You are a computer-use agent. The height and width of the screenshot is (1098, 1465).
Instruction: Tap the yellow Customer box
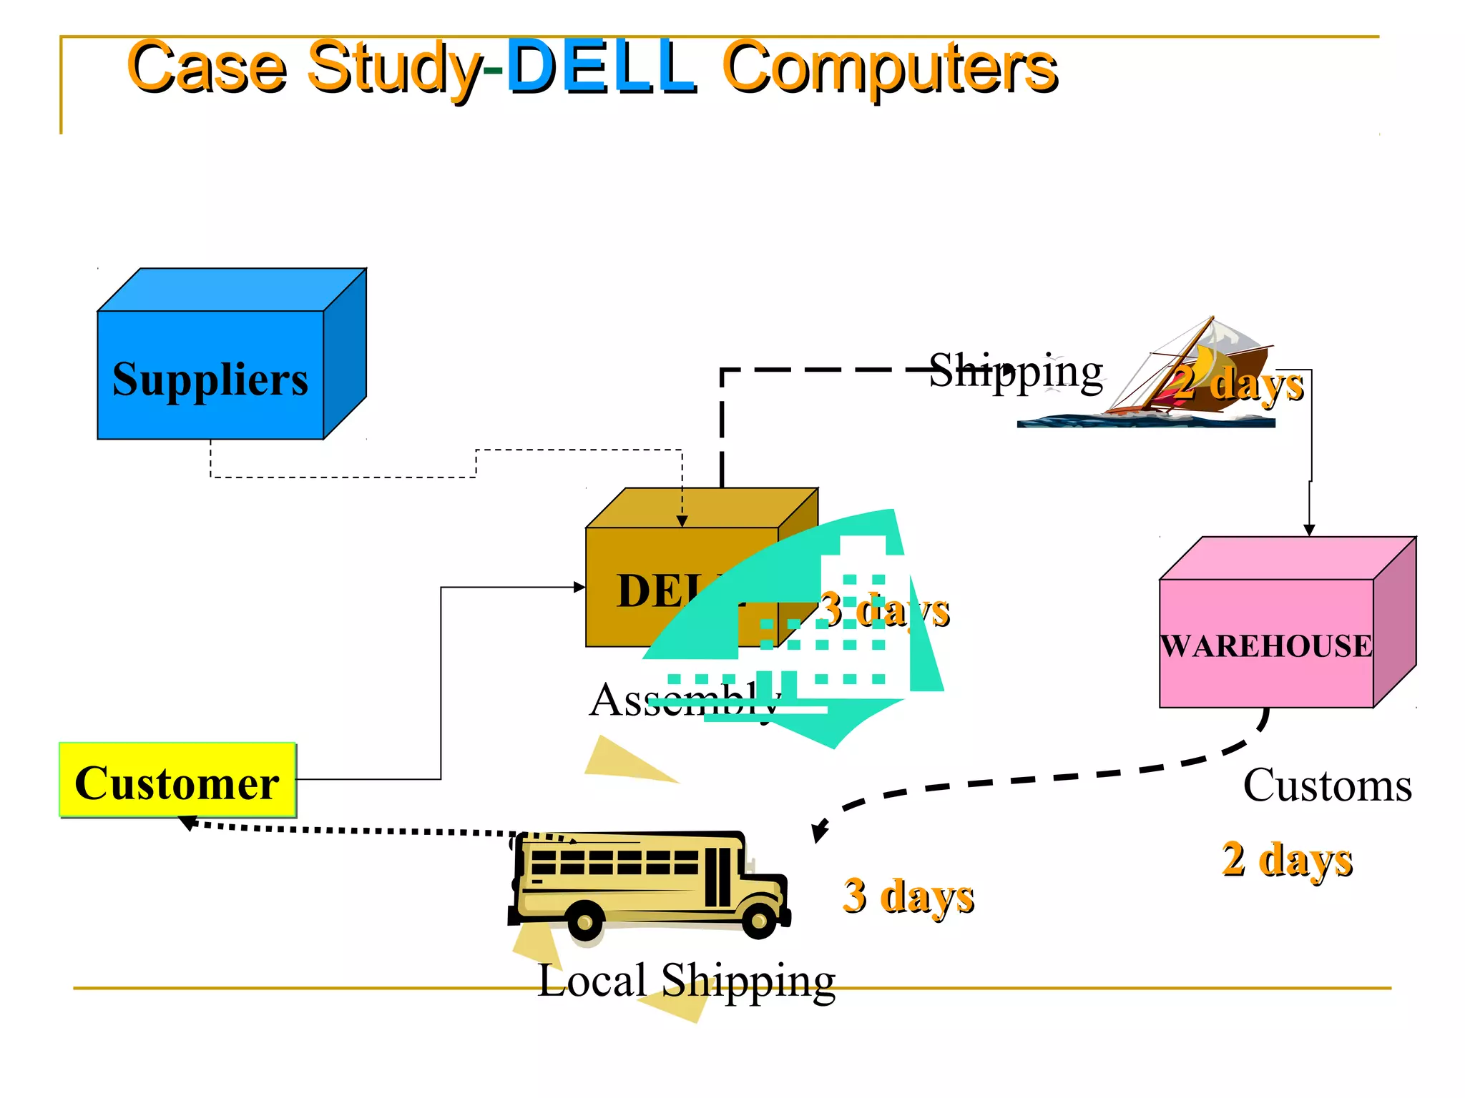177,781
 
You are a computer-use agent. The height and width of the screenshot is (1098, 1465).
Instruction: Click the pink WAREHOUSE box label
1266,646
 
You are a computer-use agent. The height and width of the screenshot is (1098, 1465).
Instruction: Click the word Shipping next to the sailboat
1016,372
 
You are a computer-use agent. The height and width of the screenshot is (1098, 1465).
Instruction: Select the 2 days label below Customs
1287,859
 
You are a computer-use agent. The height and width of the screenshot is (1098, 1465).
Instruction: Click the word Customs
1327,785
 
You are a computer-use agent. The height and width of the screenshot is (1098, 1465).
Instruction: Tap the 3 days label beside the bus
908,896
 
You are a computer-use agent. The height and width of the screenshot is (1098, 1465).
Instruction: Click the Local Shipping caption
686,980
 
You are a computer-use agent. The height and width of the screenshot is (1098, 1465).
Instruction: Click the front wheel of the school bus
759,921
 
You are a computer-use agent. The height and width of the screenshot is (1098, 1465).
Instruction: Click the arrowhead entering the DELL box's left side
579,588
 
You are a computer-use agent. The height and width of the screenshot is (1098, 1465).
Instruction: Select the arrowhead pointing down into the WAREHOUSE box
1309,530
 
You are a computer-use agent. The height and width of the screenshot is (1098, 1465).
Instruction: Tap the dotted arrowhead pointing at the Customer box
187,823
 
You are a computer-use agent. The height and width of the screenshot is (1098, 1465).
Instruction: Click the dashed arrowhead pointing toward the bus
818,834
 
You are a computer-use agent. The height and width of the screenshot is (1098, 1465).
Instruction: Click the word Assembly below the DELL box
684,700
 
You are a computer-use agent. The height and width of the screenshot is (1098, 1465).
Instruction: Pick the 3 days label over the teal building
884,610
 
